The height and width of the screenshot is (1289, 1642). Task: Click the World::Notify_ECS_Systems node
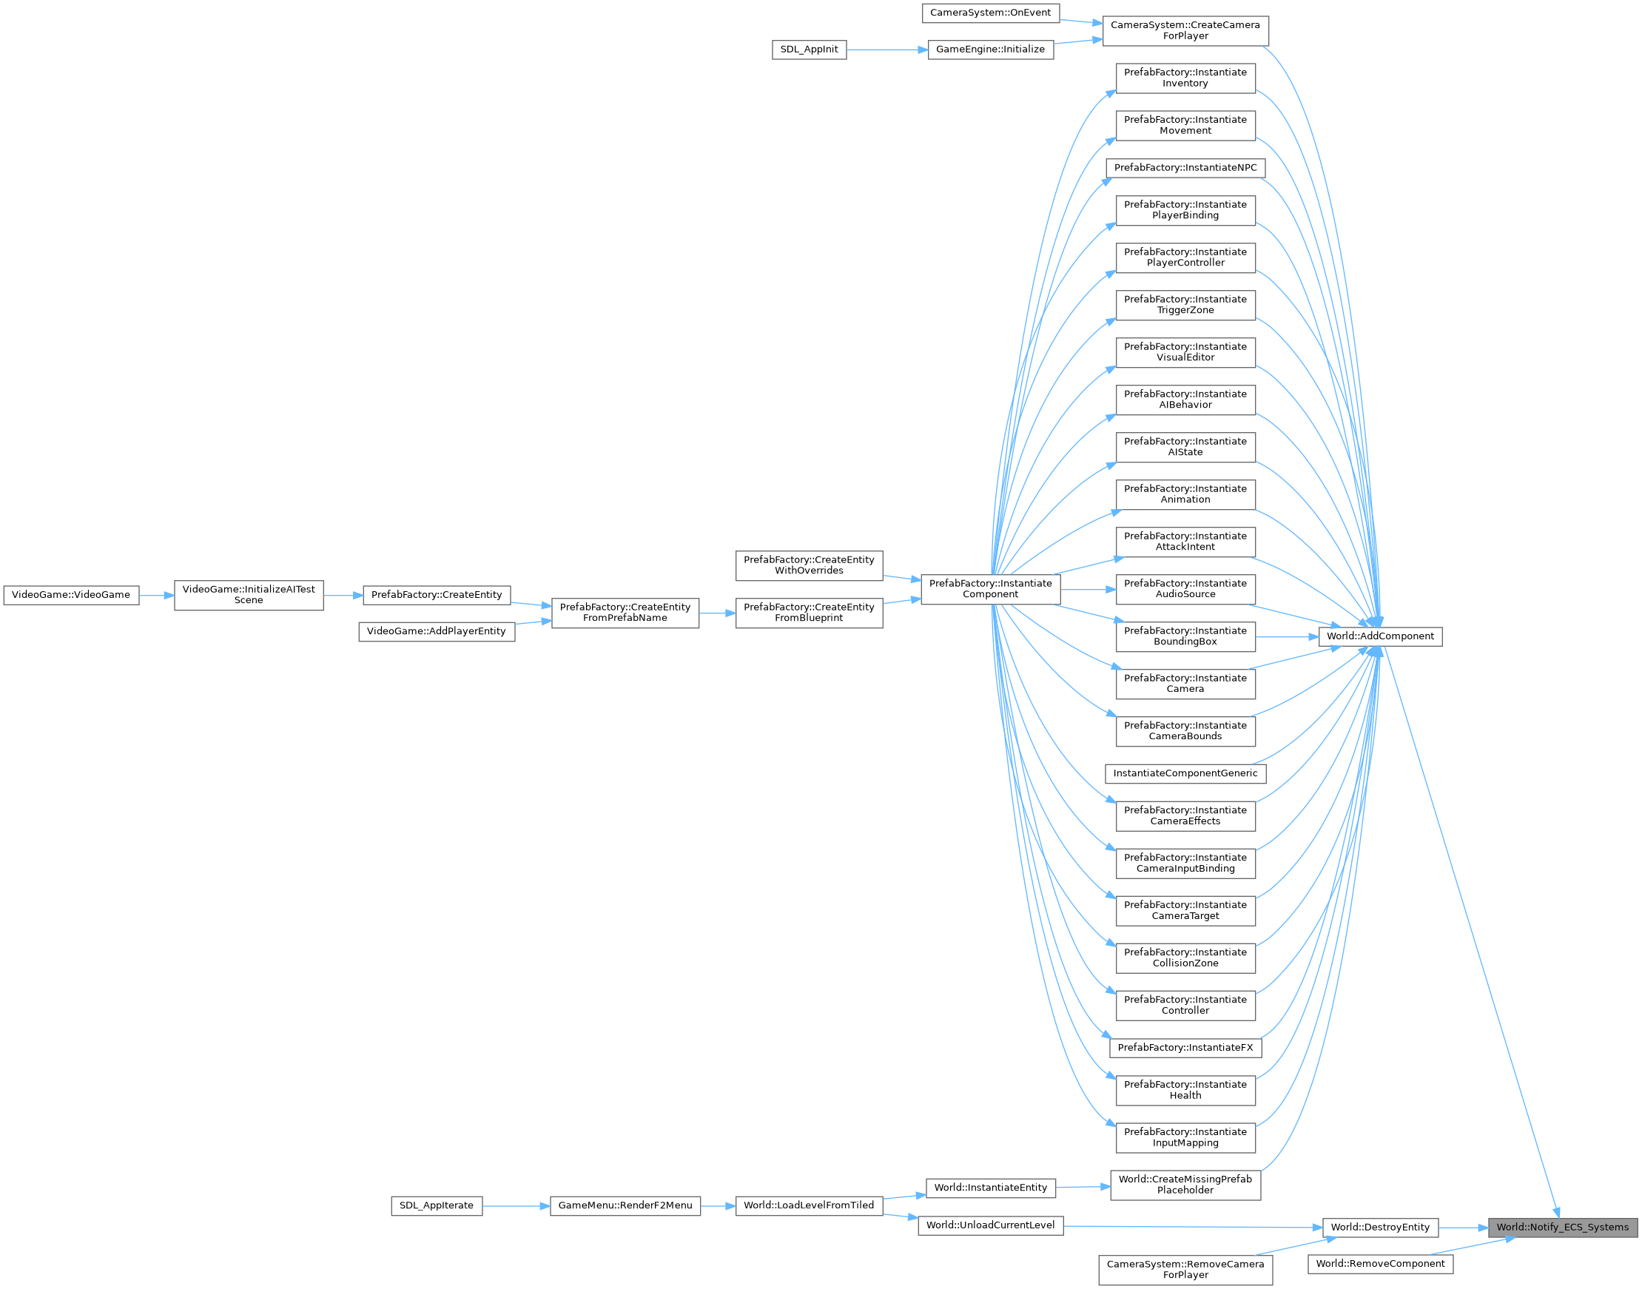pyautogui.click(x=1562, y=1227)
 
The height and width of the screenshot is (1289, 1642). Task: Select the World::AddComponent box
pyautogui.click(x=1380, y=636)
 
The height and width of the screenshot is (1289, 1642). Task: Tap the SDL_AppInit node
pyautogui.click(x=809, y=50)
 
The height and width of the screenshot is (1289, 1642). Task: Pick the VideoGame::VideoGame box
pyautogui.click(x=71, y=595)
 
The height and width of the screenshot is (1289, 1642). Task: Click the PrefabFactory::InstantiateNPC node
pyautogui.click(x=1185, y=167)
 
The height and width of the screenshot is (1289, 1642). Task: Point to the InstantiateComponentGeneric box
pyautogui.click(x=1185, y=773)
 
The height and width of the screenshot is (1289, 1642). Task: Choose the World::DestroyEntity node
pyautogui.click(x=1379, y=1227)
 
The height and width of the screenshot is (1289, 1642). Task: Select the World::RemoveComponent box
pyautogui.click(x=1379, y=1263)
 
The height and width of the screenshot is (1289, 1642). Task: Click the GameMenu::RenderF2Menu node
pyautogui.click(x=625, y=1205)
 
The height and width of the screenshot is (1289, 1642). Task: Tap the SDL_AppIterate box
pyautogui.click(x=436, y=1205)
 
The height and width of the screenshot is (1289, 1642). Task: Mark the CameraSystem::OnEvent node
pyautogui.click(x=990, y=13)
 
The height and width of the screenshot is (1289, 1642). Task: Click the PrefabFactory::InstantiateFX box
pyautogui.click(x=1185, y=1048)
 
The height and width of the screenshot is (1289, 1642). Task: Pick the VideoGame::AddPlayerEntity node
pyautogui.click(x=436, y=631)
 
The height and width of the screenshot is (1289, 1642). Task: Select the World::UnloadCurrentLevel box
pyautogui.click(x=990, y=1225)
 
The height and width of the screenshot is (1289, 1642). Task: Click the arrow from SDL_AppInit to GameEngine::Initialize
pyautogui.click(x=886, y=50)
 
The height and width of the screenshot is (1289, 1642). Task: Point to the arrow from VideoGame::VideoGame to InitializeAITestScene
pyautogui.click(x=156, y=596)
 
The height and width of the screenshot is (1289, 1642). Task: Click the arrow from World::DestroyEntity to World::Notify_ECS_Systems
pyautogui.click(x=1462, y=1228)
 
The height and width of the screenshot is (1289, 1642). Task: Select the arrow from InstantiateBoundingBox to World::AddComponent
pyautogui.click(x=1287, y=637)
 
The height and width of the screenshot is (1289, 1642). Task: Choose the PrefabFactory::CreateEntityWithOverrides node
pyautogui.click(x=809, y=565)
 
